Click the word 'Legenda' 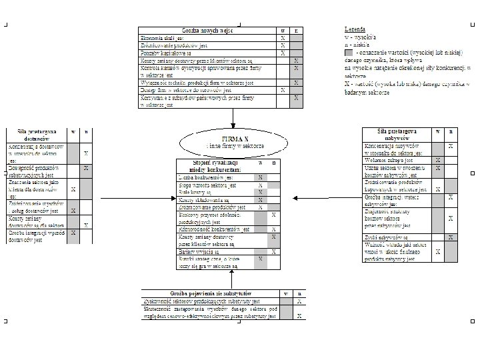354,31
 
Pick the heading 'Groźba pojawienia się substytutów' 210,293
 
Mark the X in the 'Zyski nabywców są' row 451,237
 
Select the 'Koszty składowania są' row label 203,199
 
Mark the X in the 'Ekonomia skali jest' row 283,39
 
